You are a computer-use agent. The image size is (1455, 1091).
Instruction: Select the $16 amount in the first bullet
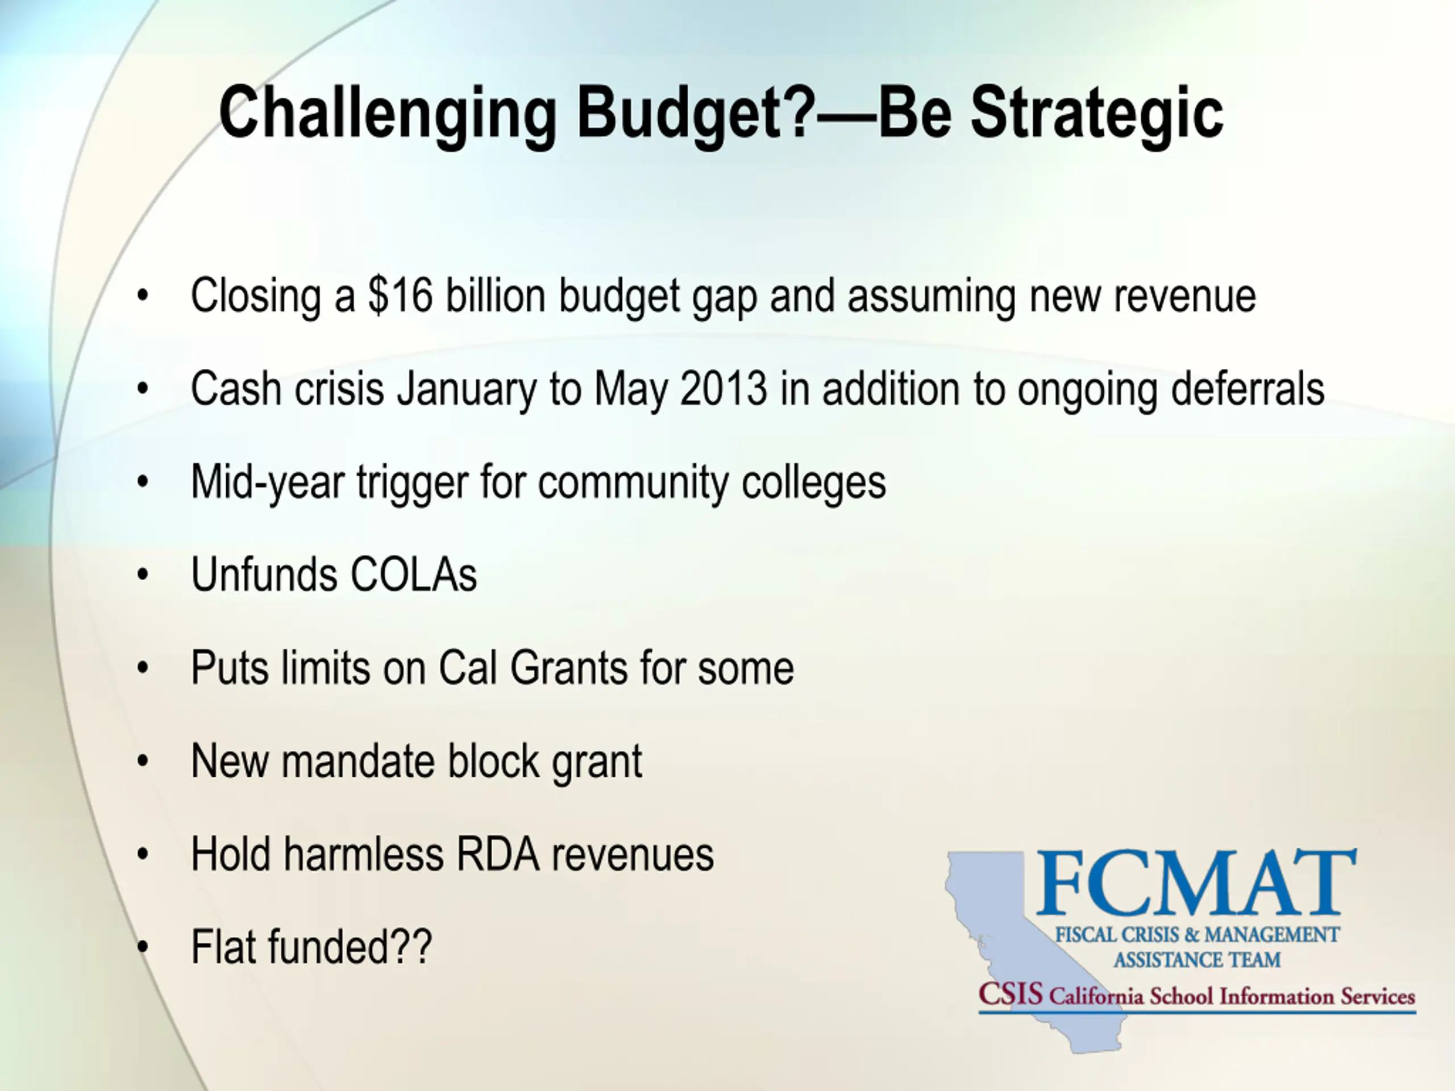coord(400,295)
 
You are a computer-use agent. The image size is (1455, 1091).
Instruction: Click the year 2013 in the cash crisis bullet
coord(724,388)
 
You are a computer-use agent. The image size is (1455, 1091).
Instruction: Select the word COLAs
coord(414,575)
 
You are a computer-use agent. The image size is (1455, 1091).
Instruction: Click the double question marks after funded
coord(411,947)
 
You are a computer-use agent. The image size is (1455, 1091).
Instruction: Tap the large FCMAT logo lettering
coord(1196,882)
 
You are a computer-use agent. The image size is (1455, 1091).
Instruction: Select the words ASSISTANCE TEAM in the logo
coord(1196,960)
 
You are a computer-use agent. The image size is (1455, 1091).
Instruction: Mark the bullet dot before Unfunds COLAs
coord(143,576)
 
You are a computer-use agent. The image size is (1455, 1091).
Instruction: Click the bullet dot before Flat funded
coord(143,948)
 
